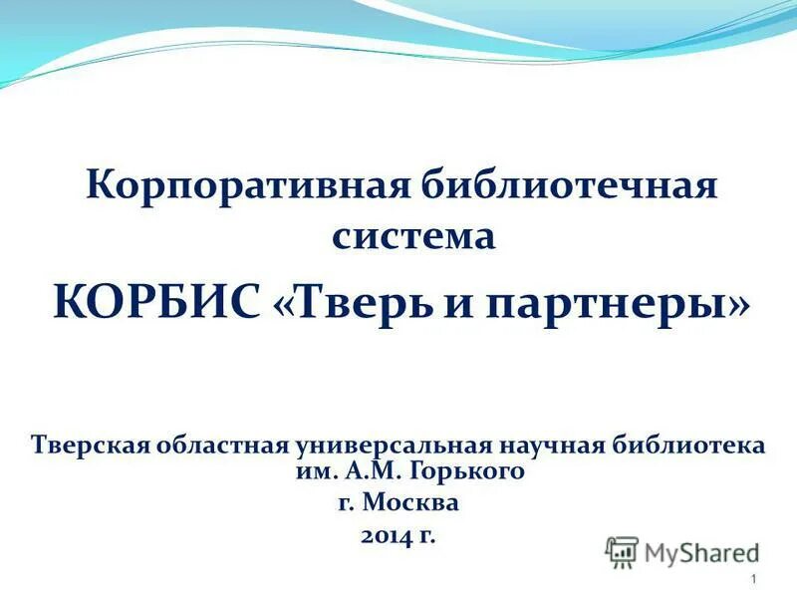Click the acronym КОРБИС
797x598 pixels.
(155, 300)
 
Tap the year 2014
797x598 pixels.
(387, 535)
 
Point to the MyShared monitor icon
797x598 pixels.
(622, 551)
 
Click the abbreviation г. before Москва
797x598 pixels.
(346, 502)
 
